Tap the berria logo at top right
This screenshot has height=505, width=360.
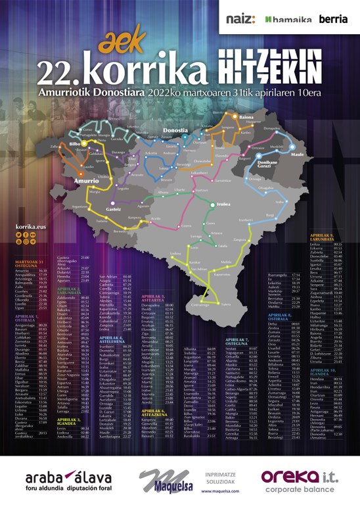point(333,19)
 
